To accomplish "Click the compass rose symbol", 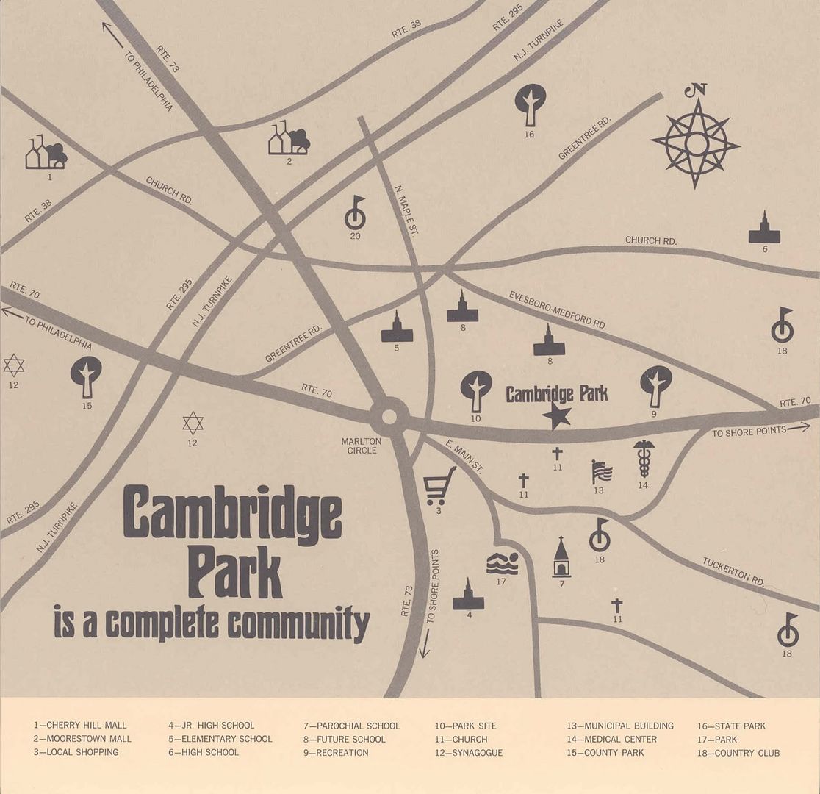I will click(695, 143).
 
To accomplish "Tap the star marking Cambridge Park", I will click(557, 417).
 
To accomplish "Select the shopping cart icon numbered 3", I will click(439, 486).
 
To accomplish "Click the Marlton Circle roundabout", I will click(389, 417).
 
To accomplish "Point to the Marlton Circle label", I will click(362, 446).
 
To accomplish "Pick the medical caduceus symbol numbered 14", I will click(644, 459).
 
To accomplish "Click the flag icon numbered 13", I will click(601, 471).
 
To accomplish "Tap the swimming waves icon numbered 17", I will click(502, 563).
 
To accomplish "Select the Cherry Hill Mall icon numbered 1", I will click(46, 152).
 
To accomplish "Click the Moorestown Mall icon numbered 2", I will click(288, 138).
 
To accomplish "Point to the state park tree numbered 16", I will click(530, 104).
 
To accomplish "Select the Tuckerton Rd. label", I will click(733, 571).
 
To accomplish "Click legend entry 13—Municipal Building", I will click(619, 726).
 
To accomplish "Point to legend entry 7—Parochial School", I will click(351, 726).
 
